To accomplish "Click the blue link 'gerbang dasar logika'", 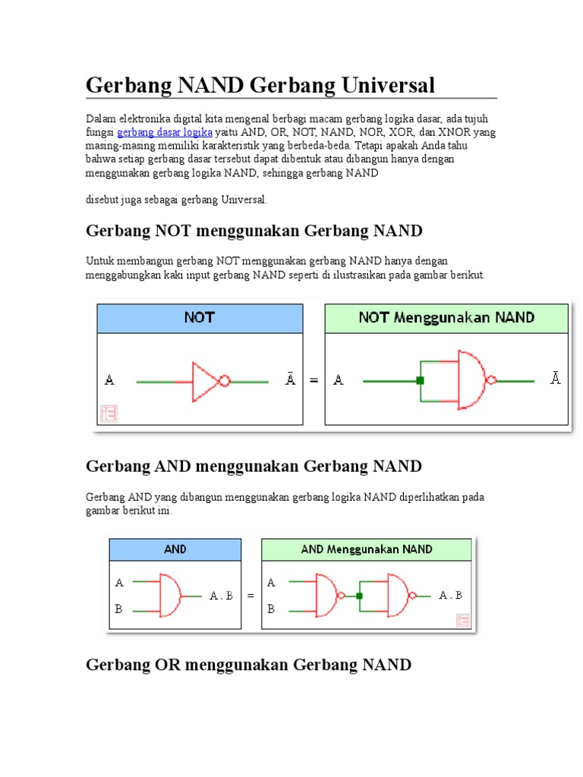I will click(x=165, y=132).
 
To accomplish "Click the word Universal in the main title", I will click(x=386, y=85).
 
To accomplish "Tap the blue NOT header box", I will click(x=200, y=318).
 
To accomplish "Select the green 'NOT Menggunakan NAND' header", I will click(x=446, y=318).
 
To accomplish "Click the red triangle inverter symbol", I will click(x=205, y=381).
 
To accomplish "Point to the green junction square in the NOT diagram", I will click(x=419, y=381).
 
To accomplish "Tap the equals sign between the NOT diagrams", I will click(x=314, y=381).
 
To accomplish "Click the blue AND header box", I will click(x=175, y=549).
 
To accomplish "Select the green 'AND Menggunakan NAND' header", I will click(x=367, y=549).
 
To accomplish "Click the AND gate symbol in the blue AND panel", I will click(x=169, y=596).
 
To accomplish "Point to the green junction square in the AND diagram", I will click(x=361, y=596).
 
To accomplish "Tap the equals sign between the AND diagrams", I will click(x=251, y=596).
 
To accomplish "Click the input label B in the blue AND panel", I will click(x=118, y=609).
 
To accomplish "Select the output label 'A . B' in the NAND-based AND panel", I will click(x=451, y=596).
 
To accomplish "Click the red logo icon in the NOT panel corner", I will click(x=109, y=414).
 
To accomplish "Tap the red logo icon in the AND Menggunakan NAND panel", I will click(x=462, y=620).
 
